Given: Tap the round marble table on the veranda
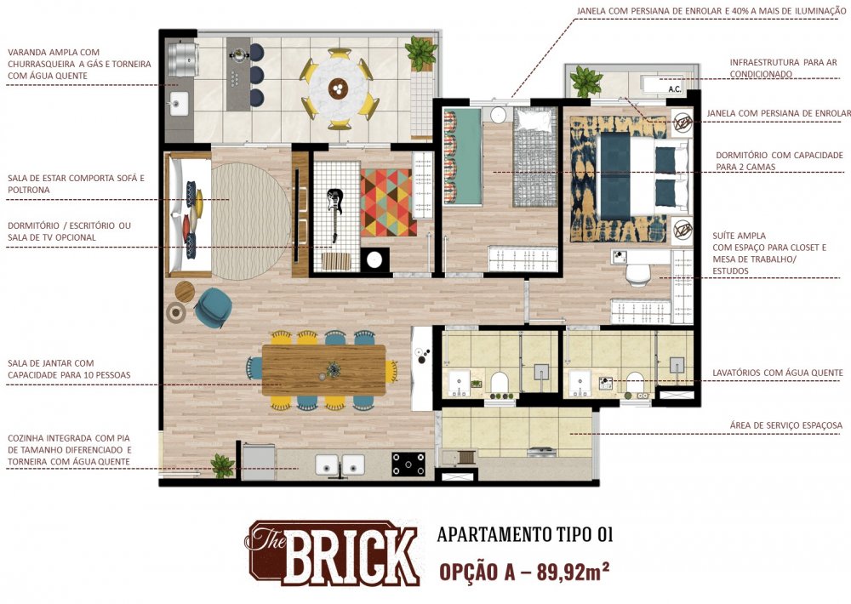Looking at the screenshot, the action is click(339, 88).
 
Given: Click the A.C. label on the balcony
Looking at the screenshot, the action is click(675, 89).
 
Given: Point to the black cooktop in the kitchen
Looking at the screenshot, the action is click(408, 464).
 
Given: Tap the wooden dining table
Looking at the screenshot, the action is click(324, 370).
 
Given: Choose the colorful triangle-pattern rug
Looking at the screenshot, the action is click(389, 202).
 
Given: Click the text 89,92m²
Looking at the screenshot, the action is click(573, 572).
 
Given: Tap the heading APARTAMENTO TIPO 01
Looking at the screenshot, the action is click(525, 534).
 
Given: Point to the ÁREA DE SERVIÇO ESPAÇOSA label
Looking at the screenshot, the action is click(785, 425).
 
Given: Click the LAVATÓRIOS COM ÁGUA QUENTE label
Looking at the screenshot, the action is click(778, 373).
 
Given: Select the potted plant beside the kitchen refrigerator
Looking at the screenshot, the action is click(222, 466).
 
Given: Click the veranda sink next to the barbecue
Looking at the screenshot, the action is click(179, 104).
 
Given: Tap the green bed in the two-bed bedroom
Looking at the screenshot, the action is click(462, 157).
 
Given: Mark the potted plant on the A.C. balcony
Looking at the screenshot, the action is click(586, 82).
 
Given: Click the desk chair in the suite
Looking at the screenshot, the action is click(638, 275).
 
